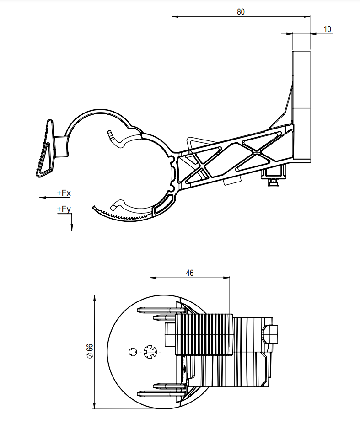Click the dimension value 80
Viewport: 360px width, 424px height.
point(241,12)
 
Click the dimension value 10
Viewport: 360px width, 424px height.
point(327,29)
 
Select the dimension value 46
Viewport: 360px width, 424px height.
point(189,273)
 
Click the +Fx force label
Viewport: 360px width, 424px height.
point(64,193)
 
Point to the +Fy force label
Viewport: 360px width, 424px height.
point(64,209)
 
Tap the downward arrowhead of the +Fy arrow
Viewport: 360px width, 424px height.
point(72,227)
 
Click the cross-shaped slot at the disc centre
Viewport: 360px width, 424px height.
point(150,352)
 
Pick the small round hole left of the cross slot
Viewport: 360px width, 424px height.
point(133,352)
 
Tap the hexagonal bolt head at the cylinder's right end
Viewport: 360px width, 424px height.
point(270,334)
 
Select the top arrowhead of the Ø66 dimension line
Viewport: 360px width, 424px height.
point(94,299)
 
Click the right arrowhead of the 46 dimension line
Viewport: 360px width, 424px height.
point(226,278)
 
